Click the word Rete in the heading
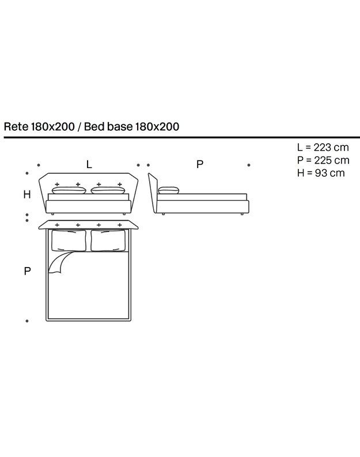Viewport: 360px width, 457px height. coord(16,127)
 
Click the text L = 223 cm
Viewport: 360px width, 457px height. coord(323,147)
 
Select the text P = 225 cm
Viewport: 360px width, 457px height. coord(323,161)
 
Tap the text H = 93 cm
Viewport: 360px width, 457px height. coord(321,173)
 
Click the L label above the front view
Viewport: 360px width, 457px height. coord(89,165)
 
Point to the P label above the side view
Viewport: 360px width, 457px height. coord(199,165)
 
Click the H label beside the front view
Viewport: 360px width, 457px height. coord(27,194)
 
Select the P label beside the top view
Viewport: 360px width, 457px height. coord(27,271)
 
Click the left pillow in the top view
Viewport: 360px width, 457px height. coord(69,241)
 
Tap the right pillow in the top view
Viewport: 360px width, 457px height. coord(108,241)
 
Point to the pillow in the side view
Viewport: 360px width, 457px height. coord(168,191)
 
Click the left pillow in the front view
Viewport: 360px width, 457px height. coord(69,191)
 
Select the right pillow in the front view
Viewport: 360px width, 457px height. coord(108,191)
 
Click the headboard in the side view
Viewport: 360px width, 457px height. coord(153,193)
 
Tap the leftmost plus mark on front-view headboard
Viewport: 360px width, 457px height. coord(57,184)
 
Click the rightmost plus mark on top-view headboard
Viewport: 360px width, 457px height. coord(120,225)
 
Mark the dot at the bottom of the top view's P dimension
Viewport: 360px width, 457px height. coord(27,321)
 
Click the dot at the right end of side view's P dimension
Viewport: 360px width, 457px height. coord(249,165)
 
